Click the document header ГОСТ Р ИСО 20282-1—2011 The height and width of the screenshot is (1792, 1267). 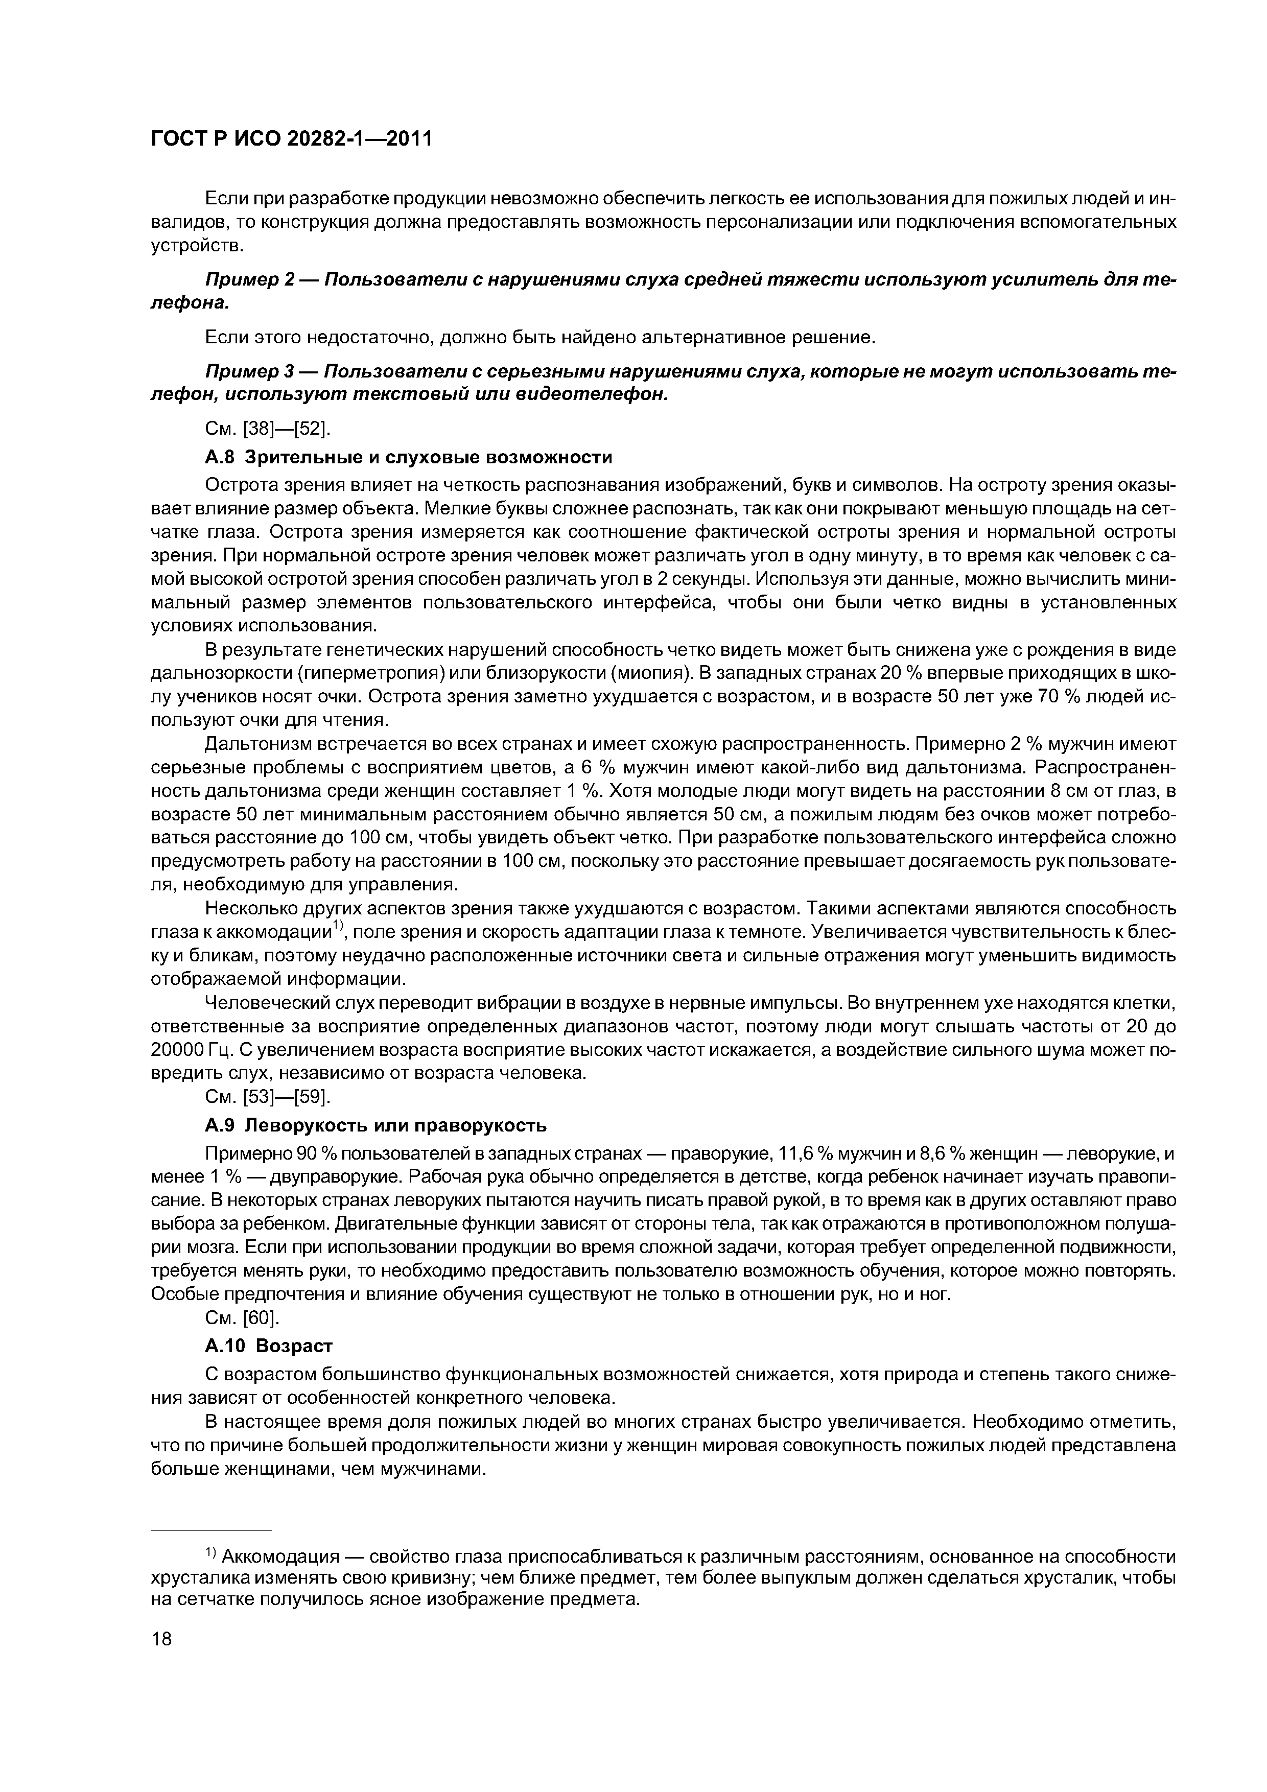(x=290, y=139)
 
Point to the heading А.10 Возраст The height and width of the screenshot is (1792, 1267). (x=268, y=1346)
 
